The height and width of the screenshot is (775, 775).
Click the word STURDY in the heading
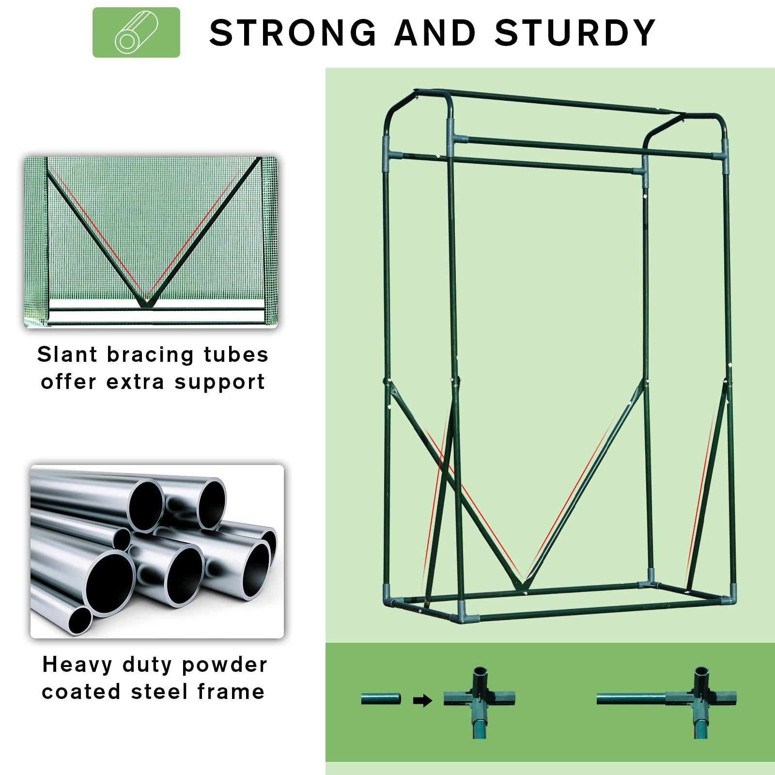click(575, 33)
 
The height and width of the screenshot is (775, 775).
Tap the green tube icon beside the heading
click(136, 32)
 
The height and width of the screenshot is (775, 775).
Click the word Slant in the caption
click(68, 355)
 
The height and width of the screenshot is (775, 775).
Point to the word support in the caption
click(219, 383)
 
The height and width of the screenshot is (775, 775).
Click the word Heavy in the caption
click(77, 665)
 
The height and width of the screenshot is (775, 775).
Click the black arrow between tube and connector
click(422, 700)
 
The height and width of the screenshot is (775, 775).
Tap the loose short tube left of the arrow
click(381, 699)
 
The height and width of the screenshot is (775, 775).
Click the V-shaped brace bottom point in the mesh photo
click(144, 305)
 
